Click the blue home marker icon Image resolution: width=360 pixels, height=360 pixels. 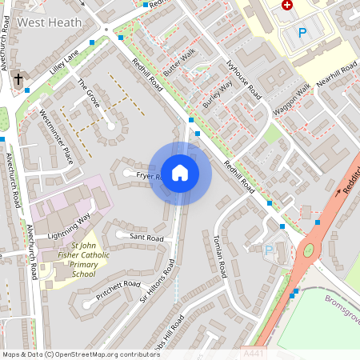click(180, 173)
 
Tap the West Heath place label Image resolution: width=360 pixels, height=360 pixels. click(50, 22)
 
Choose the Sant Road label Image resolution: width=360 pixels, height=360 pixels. click(146, 238)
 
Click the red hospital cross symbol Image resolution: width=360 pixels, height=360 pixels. click(286, 5)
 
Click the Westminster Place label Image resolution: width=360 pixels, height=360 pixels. click(56, 136)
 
